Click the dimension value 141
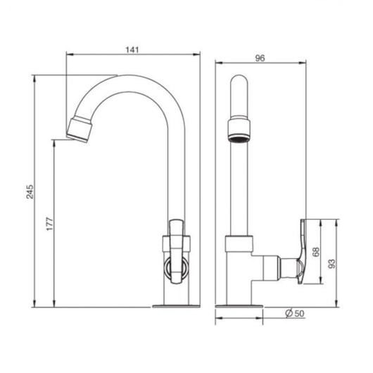tap(132, 50)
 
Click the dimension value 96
tap(260, 58)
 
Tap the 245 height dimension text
tap(30, 191)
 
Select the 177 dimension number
tap(50, 224)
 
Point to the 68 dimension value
tap(316, 252)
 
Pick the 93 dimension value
tap(331, 264)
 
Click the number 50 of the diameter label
tap(299, 314)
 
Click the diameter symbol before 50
tap(289, 313)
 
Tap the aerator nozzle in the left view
tap(80, 129)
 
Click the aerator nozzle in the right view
tap(239, 129)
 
